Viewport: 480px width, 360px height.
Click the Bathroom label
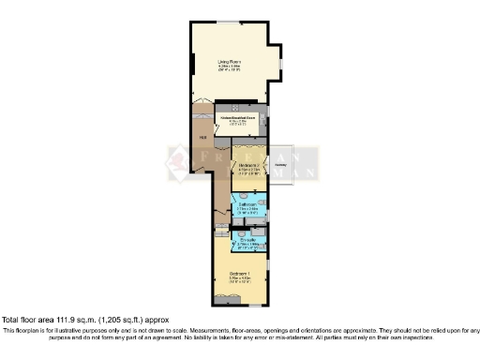click(248, 203)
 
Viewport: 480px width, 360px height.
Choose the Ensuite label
click(248, 240)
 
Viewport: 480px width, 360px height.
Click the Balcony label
click(280, 165)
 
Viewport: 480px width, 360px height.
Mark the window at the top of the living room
click(230, 22)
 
